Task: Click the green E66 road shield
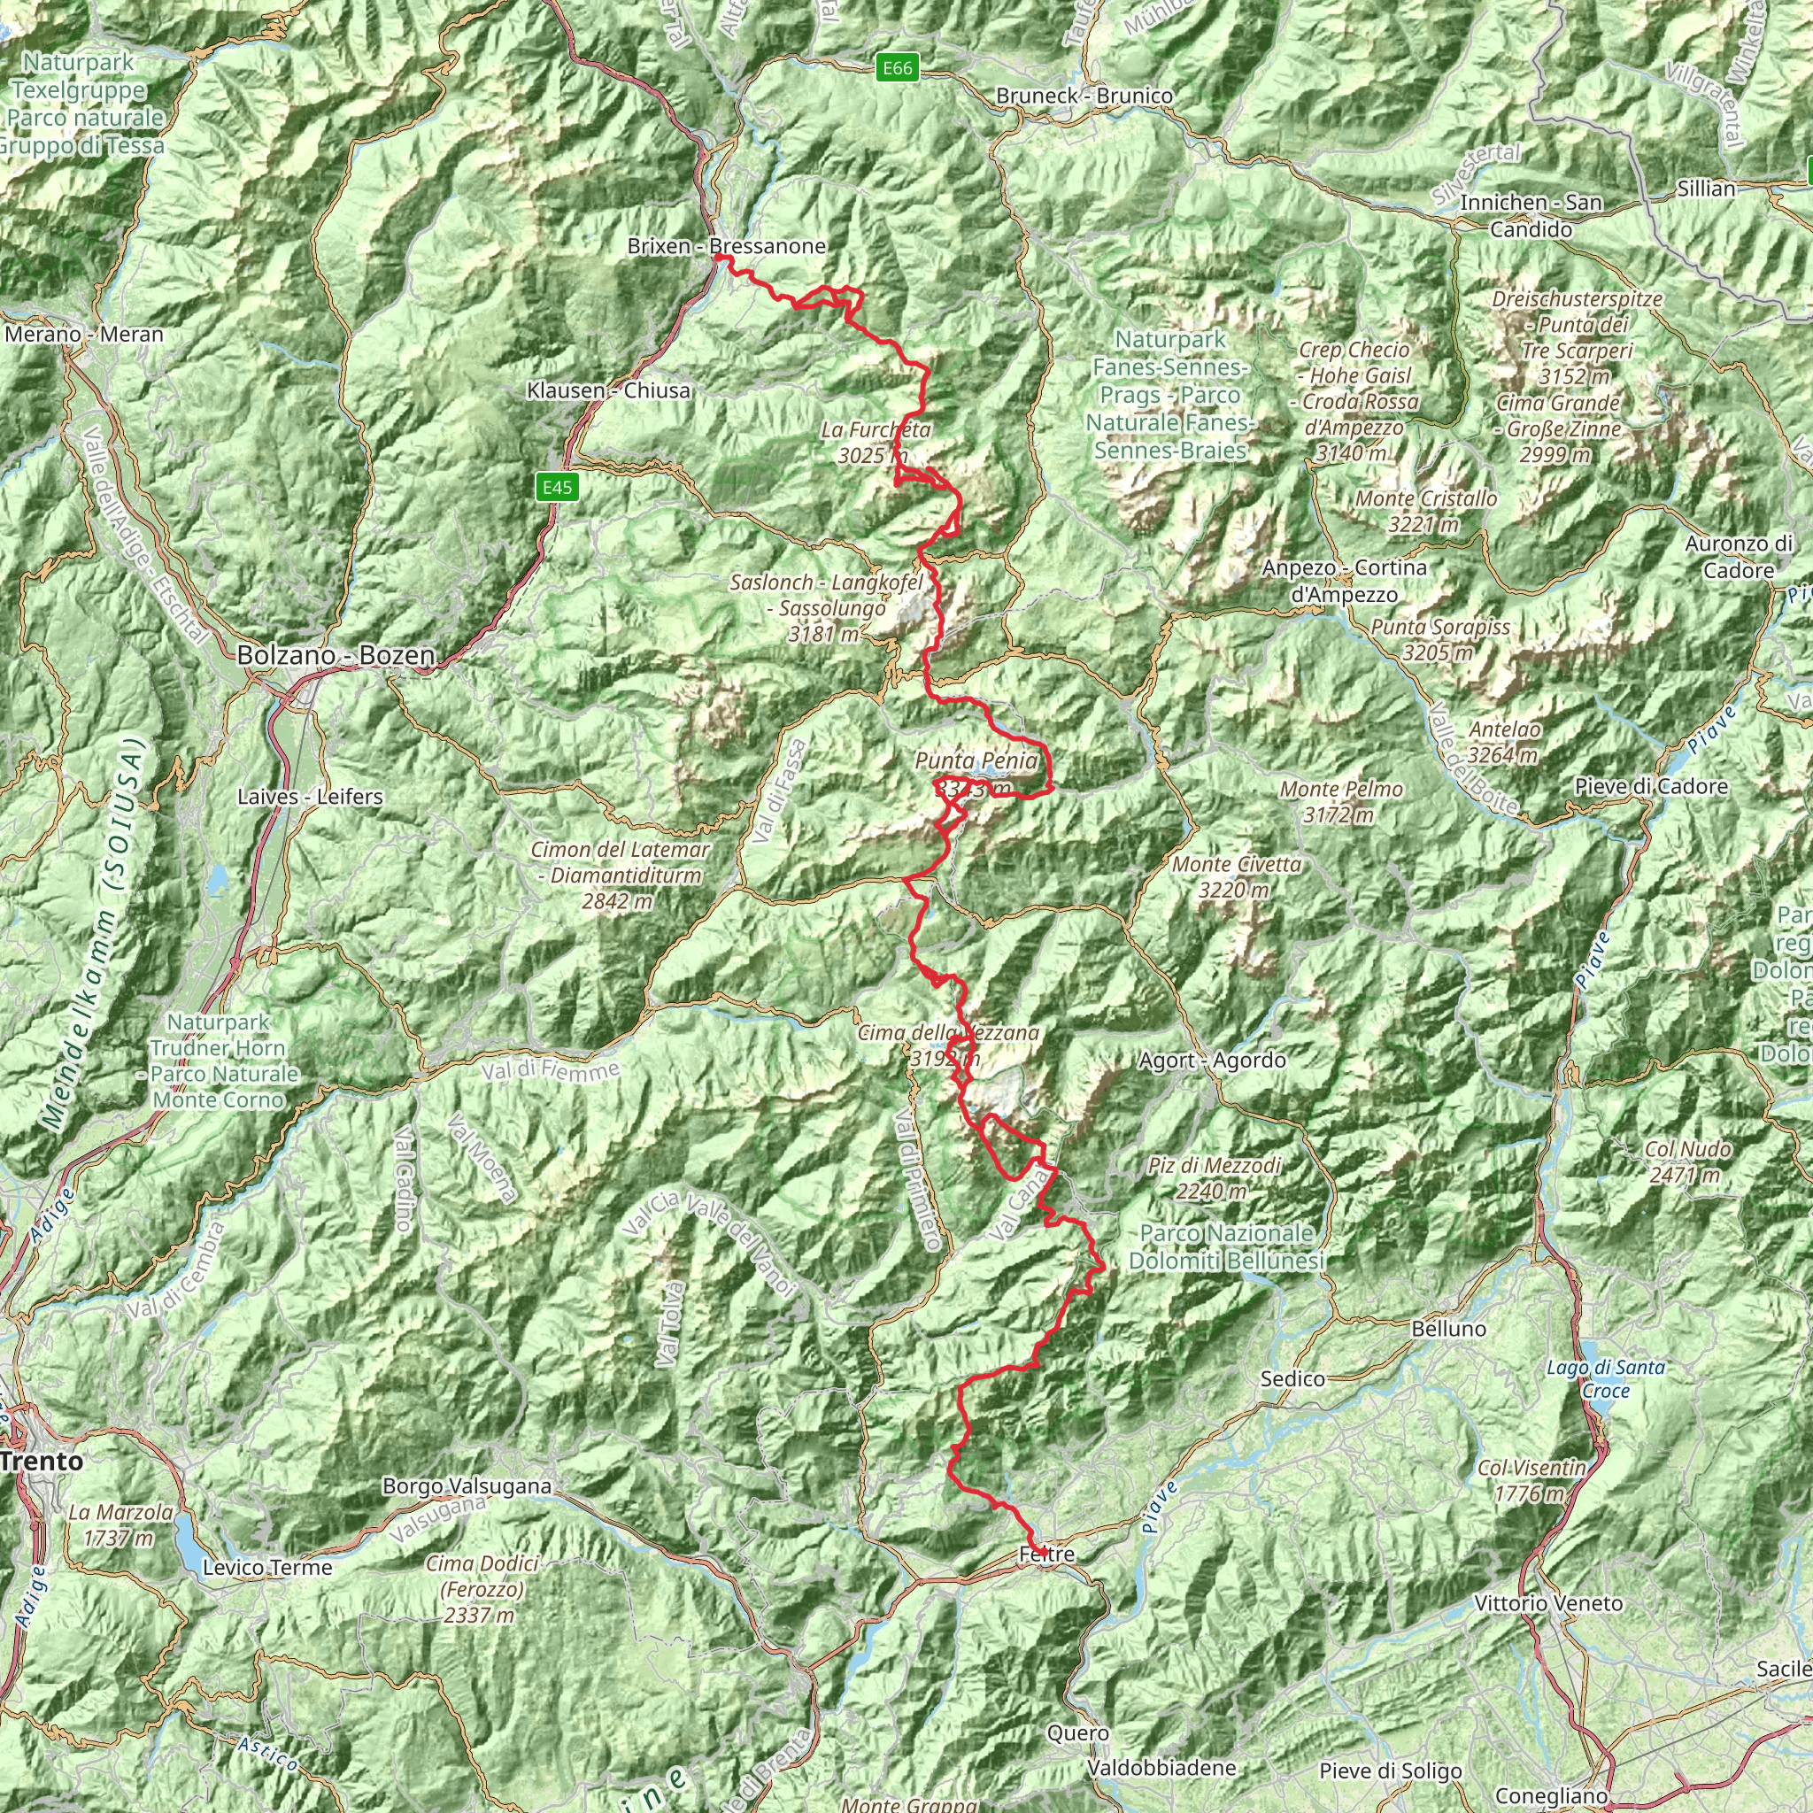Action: pos(896,67)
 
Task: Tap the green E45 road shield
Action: pos(557,487)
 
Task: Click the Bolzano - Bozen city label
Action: pos(335,655)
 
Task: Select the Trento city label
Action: pos(42,1460)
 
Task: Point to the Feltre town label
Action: pos(1046,1555)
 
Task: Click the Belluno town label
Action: pos(1449,1329)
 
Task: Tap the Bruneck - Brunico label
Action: pos(1084,96)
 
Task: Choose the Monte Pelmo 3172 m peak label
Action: pos(1341,802)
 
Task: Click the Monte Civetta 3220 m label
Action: pos(1236,876)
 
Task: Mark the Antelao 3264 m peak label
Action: pos(1503,741)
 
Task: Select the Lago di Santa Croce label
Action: pos(1606,1378)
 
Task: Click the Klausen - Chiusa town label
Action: pos(608,390)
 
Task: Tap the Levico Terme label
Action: pos(267,1567)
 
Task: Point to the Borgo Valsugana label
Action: pos(467,1486)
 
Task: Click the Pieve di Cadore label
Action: pos(1651,786)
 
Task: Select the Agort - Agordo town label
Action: pos(1212,1061)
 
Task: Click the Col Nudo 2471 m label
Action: pos(1687,1161)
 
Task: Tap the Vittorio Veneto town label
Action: pos(1548,1603)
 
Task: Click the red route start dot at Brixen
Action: pos(718,256)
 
